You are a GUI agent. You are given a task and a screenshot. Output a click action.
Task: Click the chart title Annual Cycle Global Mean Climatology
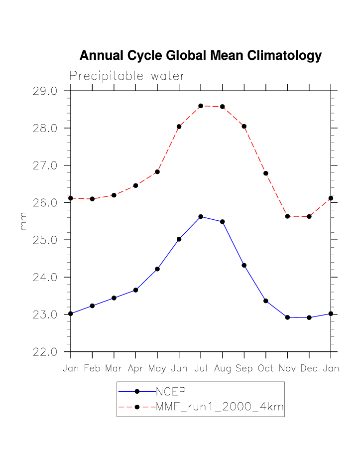200,55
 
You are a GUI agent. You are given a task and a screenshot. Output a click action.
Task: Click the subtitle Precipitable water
127,76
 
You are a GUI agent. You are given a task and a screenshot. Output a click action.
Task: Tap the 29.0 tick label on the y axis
45,91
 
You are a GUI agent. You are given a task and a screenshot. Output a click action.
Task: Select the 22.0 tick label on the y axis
45,352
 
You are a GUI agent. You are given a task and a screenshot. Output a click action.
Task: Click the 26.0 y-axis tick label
45,203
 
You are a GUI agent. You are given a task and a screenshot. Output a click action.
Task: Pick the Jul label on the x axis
201,369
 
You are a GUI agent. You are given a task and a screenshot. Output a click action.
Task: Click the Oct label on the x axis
266,369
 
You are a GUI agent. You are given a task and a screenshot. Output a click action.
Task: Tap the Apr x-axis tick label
135,369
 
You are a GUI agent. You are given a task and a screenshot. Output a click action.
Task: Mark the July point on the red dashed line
201,106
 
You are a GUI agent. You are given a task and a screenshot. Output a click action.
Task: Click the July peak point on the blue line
201,216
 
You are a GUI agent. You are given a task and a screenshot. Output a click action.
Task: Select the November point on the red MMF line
287,216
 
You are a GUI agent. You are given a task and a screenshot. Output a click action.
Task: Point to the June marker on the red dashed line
179,127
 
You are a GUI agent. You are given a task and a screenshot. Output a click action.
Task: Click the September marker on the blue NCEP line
244,265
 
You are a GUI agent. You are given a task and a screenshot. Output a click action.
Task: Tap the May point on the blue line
157,269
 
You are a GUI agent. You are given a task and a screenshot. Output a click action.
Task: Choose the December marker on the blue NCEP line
309,317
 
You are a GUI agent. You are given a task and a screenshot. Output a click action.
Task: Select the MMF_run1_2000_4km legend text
220,407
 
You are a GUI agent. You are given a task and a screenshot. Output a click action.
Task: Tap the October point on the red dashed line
266,173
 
